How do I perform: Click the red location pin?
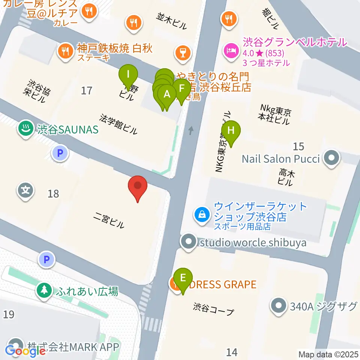click(138, 186)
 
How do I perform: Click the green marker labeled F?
click(181, 89)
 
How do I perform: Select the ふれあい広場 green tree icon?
click(45, 290)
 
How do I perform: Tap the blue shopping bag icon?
click(202, 215)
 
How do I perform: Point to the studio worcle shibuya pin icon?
click(189, 242)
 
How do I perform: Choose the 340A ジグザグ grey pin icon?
click(279, 306)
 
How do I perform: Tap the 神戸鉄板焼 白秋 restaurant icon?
click(66, 51)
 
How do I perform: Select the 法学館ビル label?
click(118, 124)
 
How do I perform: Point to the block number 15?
click(298, 146)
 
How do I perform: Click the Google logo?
click(25, 351)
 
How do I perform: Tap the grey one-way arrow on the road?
click(191, 130)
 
